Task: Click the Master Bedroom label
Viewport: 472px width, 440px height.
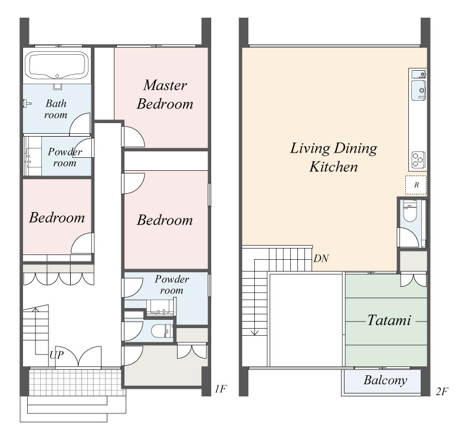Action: [165, 94]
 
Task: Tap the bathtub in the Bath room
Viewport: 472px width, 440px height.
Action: [57, 65]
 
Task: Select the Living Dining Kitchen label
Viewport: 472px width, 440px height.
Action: [333, 157]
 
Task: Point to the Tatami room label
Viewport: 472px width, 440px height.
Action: [389, 320]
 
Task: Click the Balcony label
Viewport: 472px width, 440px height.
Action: [385, 380]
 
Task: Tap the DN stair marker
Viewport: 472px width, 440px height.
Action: [321, 258]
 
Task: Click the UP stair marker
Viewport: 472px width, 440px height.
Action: [56, 355]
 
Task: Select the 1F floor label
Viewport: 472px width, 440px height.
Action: [220, 389]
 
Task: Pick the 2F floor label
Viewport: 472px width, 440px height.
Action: [442, 391]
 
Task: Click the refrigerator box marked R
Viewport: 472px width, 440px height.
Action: [416, 185]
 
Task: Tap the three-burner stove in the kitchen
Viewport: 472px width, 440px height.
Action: [418, 159]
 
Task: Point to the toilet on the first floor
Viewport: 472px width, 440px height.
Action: [160, 331]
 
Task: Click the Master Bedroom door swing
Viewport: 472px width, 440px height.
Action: [133, 137]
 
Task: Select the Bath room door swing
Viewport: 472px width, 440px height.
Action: [80, 124]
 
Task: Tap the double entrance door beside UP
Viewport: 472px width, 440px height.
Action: [78, 357]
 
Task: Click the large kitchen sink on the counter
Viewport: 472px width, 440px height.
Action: [418, 90]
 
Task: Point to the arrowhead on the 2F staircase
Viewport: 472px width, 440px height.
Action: [255, 332]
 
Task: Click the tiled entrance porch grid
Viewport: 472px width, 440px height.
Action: [76, 383]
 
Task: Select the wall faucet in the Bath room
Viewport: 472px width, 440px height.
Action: [27, 104]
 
